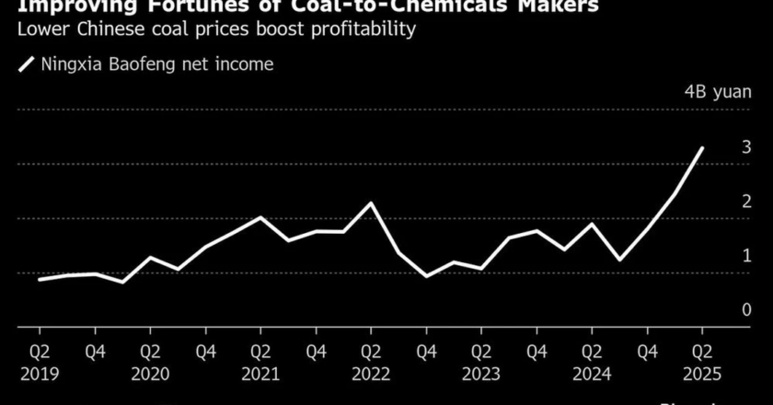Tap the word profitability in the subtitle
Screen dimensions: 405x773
click(363, 29)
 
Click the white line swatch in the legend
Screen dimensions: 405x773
click(25, 64)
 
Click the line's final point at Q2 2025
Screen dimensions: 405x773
click(703, 148)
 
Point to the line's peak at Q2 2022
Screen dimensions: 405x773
click(371, 203)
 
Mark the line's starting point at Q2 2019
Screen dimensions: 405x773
click(40, 279)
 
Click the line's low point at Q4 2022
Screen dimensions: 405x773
click(426, 276)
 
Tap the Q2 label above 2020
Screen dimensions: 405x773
click(150, 352)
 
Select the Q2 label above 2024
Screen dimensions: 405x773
click(592, 352)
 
